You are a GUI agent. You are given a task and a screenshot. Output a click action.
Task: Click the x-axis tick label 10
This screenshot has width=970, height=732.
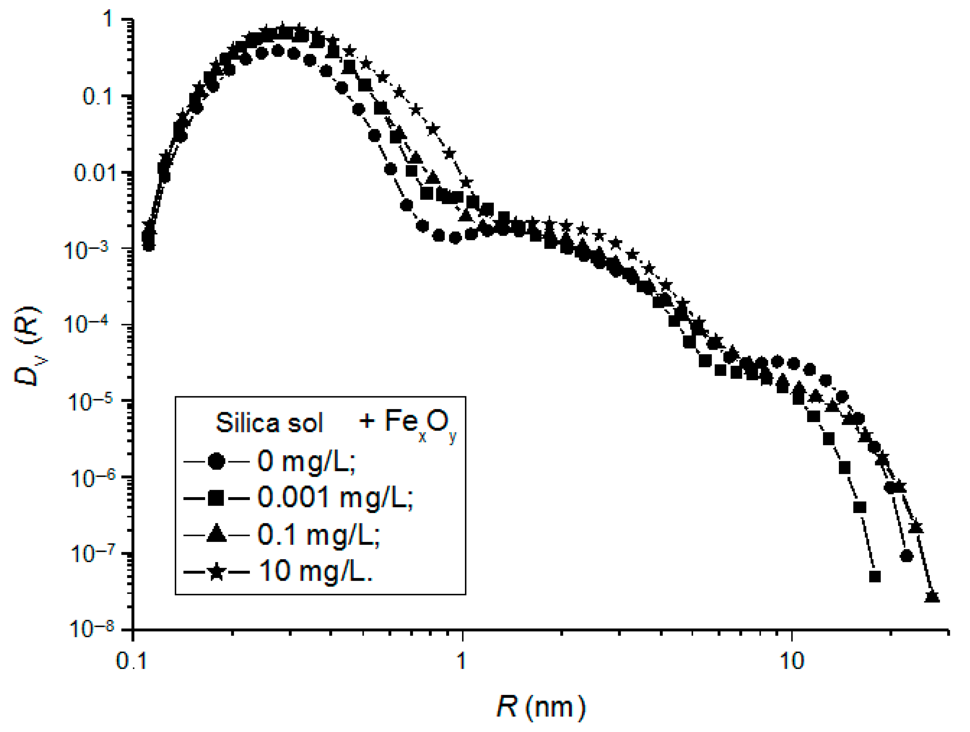click(792, 660)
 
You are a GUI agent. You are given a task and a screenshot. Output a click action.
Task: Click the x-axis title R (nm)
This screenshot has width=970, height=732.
click(541, 707)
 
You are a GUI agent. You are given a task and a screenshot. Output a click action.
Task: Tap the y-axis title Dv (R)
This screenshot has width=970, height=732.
click(28, 347)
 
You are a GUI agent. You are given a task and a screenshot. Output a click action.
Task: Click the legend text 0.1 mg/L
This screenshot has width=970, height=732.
click(318, 535)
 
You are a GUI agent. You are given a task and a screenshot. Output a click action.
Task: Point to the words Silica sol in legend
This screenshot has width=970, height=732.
click(269, 423)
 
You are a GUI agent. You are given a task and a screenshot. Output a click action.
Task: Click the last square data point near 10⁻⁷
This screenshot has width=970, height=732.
click(874, 576)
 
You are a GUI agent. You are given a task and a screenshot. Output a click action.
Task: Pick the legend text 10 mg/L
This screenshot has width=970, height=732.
click(316, 572)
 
